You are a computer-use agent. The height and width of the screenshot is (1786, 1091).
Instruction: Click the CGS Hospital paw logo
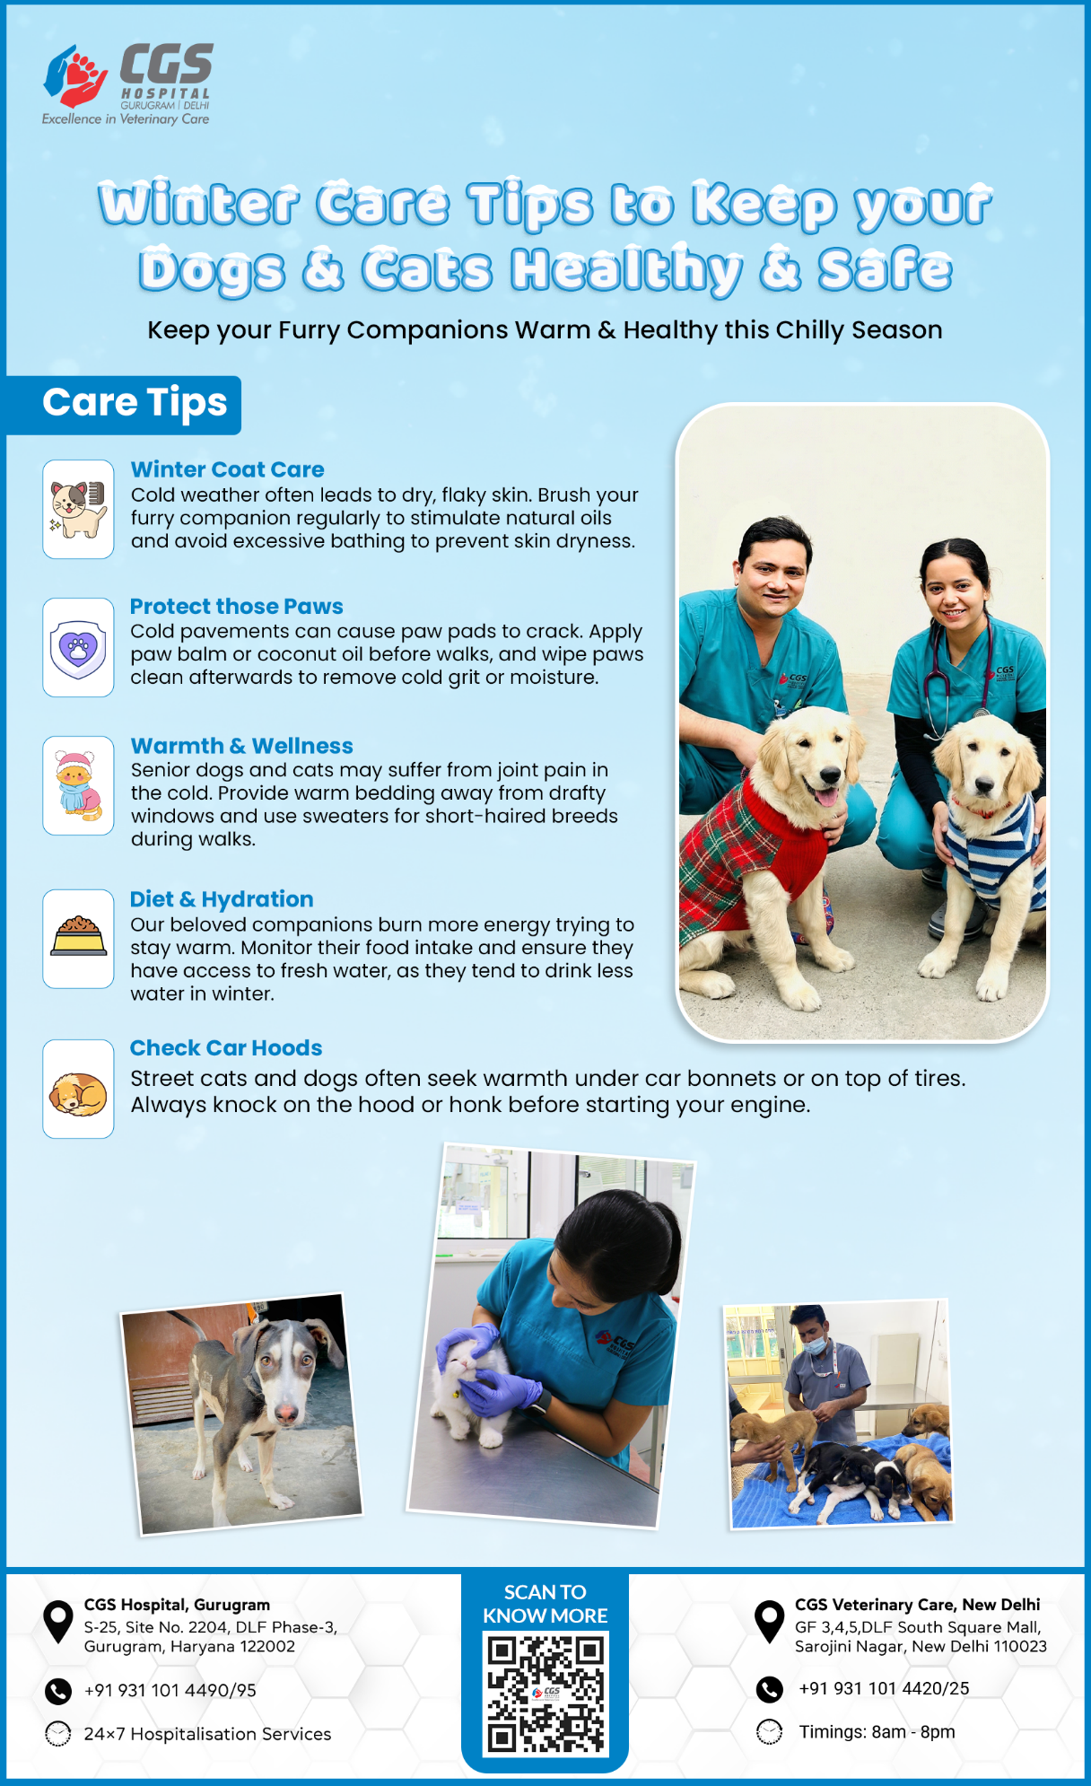coord(75,76)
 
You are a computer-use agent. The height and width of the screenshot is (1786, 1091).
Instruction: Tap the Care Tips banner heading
coord(135,403)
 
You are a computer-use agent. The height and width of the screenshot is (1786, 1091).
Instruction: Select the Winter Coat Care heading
coord(227,469)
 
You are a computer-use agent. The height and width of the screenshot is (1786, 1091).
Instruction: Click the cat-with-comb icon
coord(78,509)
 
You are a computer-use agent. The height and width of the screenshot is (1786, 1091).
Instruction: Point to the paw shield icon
coord(78,647)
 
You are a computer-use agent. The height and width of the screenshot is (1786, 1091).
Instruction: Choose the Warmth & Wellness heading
coord(241,746)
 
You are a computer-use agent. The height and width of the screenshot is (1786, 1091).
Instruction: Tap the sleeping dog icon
coord(78,1092)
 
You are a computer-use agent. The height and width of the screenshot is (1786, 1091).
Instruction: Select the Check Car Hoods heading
coord(226,1048)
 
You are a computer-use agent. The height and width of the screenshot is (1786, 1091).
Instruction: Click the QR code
coord(545,1694)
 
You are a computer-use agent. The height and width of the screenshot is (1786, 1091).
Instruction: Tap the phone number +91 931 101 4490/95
coord(170,1690)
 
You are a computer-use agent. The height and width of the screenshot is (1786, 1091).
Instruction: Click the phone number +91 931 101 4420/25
coord(884,1688)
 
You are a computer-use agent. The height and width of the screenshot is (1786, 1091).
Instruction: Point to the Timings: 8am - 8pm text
coord(877,1732)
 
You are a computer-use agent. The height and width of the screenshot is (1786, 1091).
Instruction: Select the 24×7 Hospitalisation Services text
coord(208,1734)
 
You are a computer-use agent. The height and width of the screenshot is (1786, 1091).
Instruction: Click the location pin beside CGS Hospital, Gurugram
coord(58,1622)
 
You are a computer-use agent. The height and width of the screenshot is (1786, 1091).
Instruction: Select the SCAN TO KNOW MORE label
coord(545,1604)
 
